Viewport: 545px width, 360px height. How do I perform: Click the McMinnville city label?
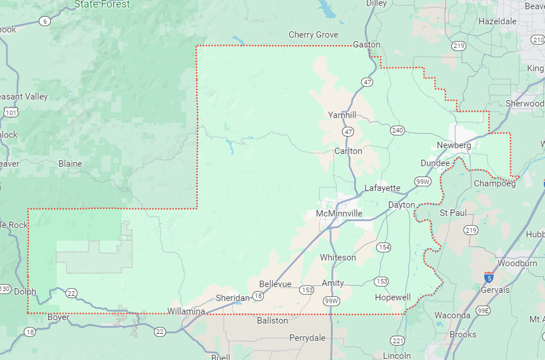coord(339,214)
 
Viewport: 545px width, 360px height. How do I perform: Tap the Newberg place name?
coord(454,145)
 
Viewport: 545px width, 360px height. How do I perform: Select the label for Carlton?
coord(348,151)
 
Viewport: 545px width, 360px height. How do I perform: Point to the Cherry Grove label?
coord(313,35)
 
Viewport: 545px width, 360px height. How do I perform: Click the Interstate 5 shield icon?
coord(489,277)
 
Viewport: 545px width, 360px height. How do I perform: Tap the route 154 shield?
coord(383,247)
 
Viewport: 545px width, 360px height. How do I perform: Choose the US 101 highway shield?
coord(10,112)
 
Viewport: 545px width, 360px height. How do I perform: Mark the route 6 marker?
coord(45,21)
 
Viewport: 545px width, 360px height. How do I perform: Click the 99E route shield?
coord(483,311)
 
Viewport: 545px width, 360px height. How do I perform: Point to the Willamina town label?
coord(186,311)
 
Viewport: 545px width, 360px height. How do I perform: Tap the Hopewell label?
coord(392,297)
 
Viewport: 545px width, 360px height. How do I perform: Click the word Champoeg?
coord(494,183)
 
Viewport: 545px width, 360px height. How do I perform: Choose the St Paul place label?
coord(453,213)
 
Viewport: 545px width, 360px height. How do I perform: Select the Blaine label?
coord(70,164)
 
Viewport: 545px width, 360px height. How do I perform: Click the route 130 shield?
coord(5,288)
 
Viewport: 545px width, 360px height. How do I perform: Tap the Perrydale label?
coord(307,338)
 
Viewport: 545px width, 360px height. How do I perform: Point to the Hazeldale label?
coord(497,21)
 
